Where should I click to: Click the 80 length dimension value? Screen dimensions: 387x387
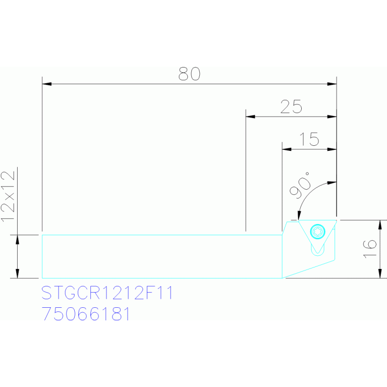pyautogui.click(x=189, y=74)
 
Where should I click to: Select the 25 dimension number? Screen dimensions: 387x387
pyautogui.click(x=291, y=107)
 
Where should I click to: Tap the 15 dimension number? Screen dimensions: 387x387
pyautogui.click(x=309, y=139)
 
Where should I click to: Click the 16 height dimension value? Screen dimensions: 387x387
pyautogui.click(x=370, y=248)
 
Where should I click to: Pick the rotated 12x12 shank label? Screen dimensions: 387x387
pyautogui.click(x=8, y=196)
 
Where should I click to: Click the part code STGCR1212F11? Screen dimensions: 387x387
pyautogui.click(x=107, y=293)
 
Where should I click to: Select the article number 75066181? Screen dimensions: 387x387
pyautogui.click(x=86, y=314)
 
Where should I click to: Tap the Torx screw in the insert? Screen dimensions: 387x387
pyautogui.click(x=317, y=232)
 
